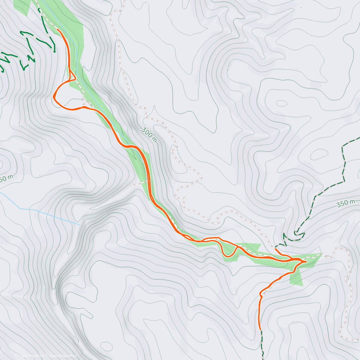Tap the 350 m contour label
click(346, 203)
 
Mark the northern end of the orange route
click(57, 29)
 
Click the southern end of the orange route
click(260, 329)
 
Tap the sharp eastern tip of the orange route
click(306, 262)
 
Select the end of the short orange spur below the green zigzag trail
click(275, 249)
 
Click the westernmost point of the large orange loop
click(53, 96)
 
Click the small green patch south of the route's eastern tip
click(296, 279)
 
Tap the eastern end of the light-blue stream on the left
click(79, 224)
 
